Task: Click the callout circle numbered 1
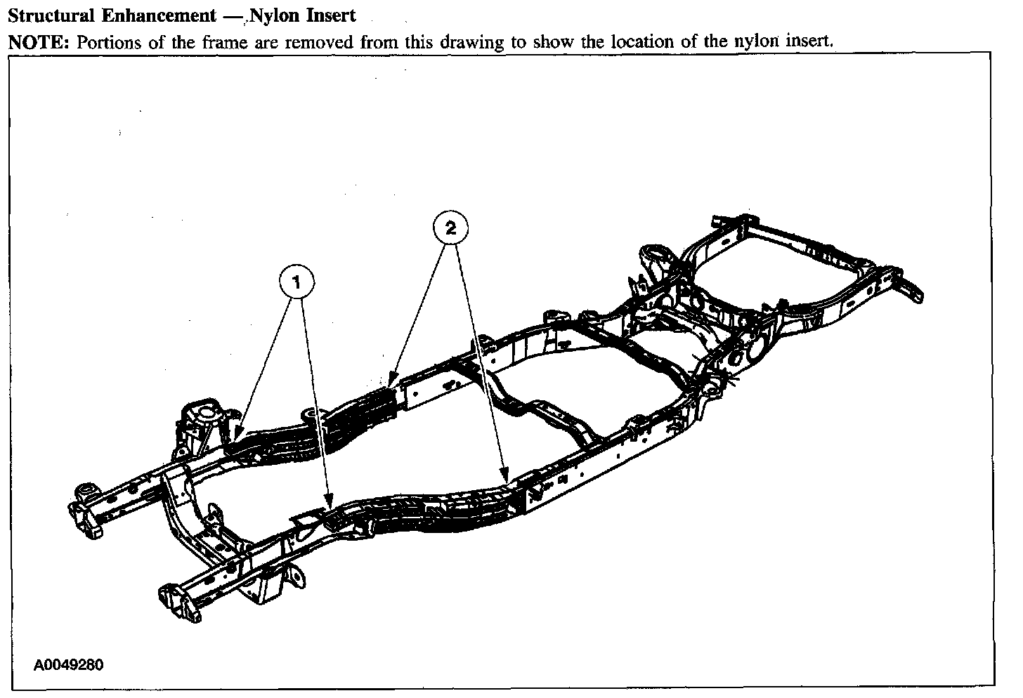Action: tap(297, 283)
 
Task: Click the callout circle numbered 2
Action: tap(450, 228)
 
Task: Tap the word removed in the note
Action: tap(321, 41)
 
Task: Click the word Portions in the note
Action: tap(103, 41)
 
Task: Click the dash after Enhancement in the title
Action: tap(229, 15)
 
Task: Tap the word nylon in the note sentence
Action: tap(757, 41)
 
